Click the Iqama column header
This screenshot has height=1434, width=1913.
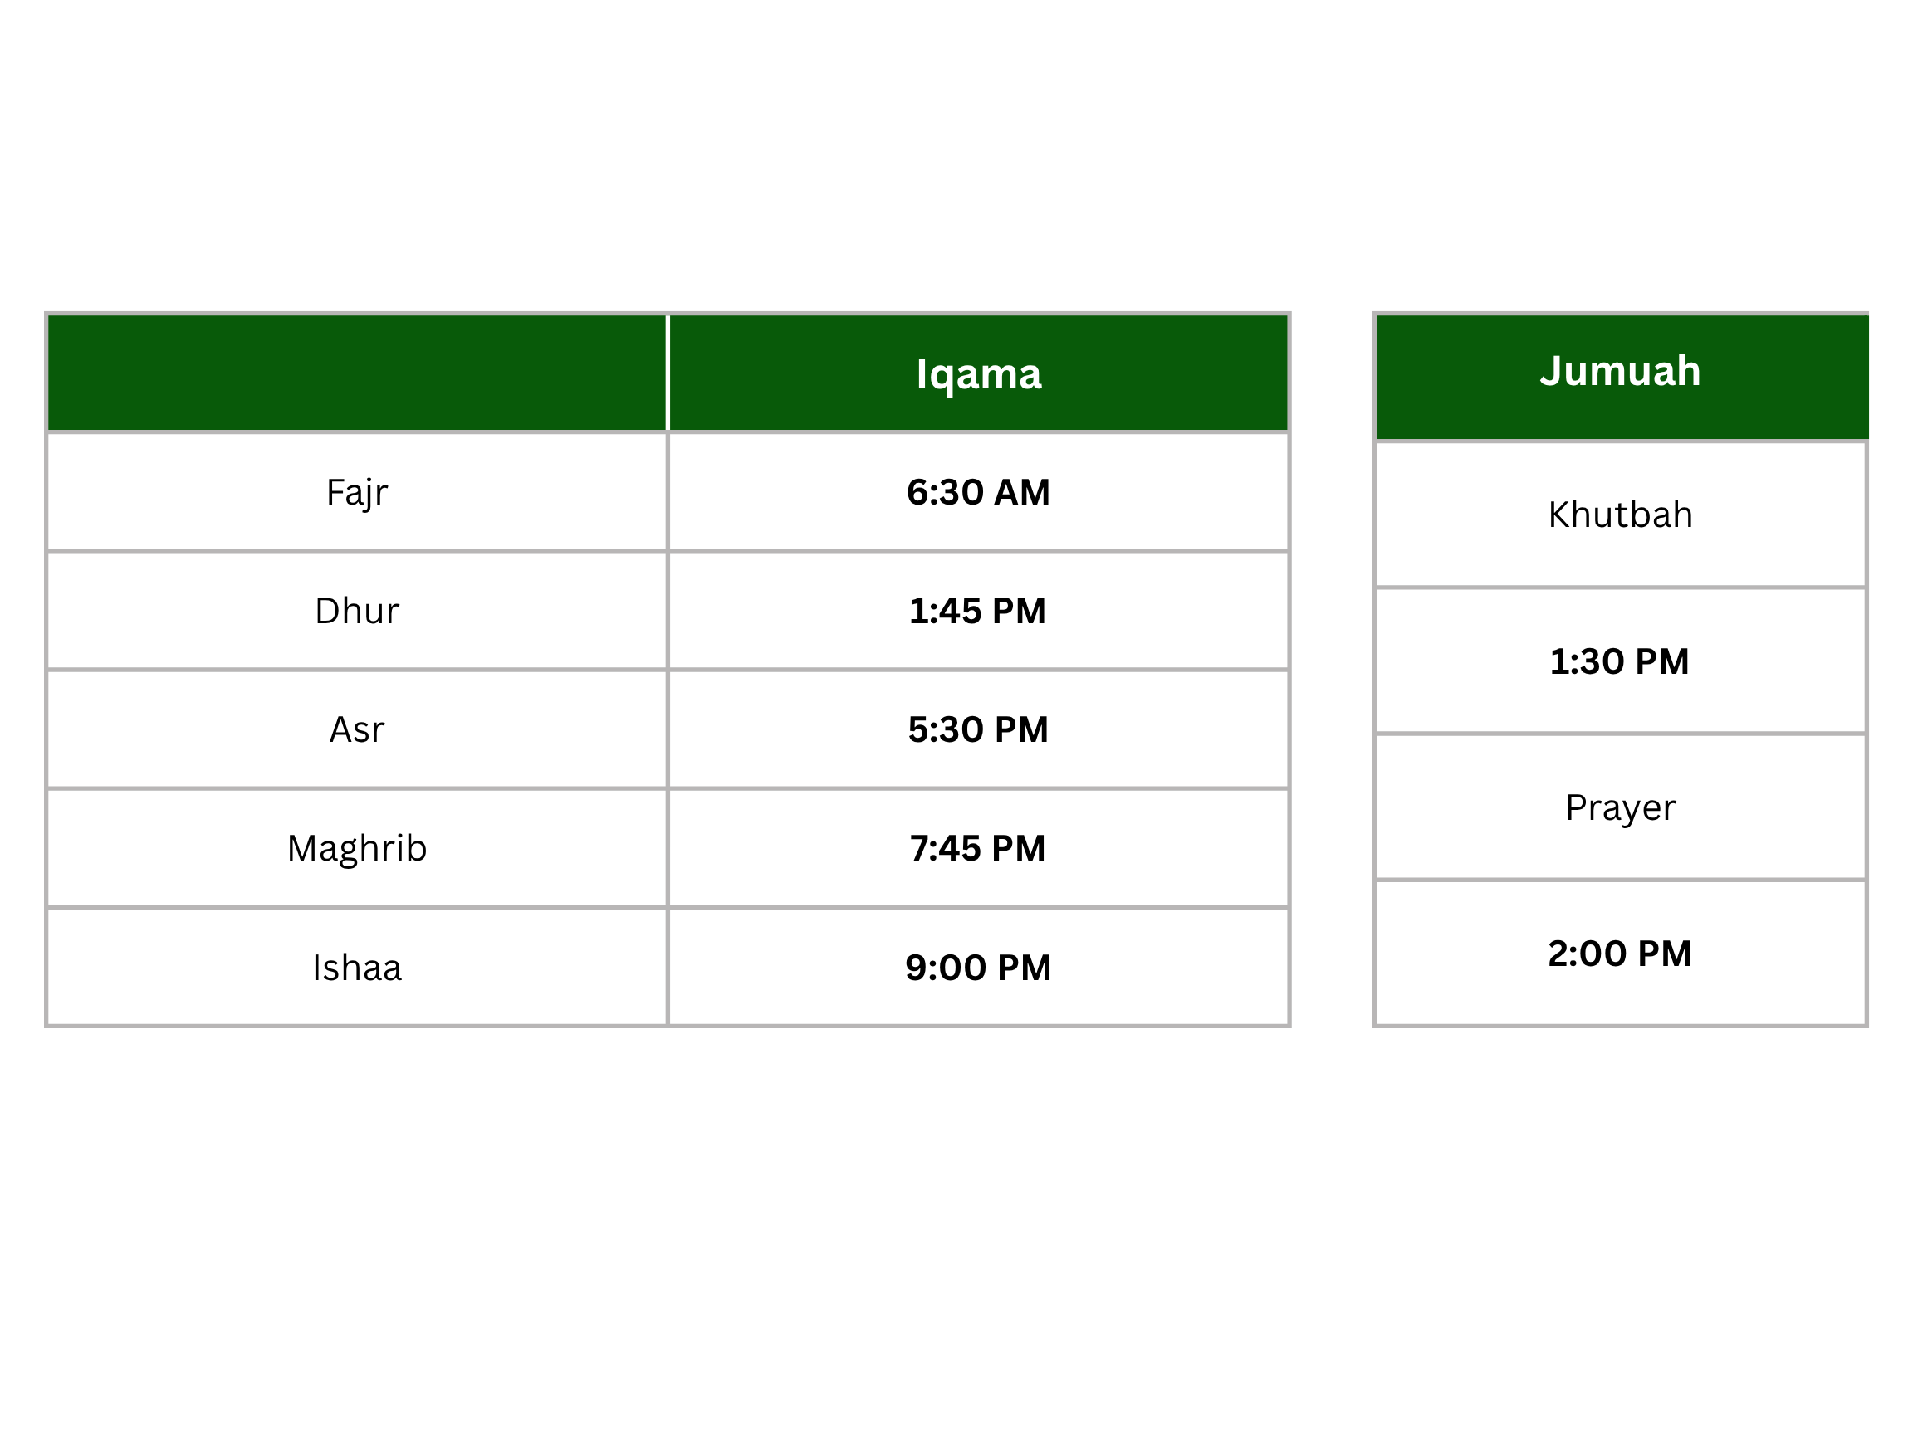click(x=978, y=374)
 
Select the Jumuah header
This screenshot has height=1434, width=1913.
click(x=1620, y=371)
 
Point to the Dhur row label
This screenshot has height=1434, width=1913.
click(x=356, y=611)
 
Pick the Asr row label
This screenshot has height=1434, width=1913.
click(x=356, y=729)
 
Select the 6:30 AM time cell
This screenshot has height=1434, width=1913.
click(x=978, y=492)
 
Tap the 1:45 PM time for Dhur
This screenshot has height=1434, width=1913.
click(x=977, y=611)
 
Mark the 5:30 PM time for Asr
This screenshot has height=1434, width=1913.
click(x=978, y=729)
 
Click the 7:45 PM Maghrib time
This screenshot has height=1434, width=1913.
click(x=977, y=848)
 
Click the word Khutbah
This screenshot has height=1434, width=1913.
click(x=1620, y=515)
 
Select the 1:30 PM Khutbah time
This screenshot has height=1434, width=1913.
click(x=1619, y=661)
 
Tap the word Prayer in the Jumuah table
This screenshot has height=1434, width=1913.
click(x=1620, y=808)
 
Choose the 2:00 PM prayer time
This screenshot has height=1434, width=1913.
click(x=1619, y=954)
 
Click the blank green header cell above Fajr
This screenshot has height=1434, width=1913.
click(x=356, y=373)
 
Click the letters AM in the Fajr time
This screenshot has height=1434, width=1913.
click(x=1021, y=492)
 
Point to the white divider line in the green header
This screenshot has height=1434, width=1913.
click(x=668, y=373)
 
